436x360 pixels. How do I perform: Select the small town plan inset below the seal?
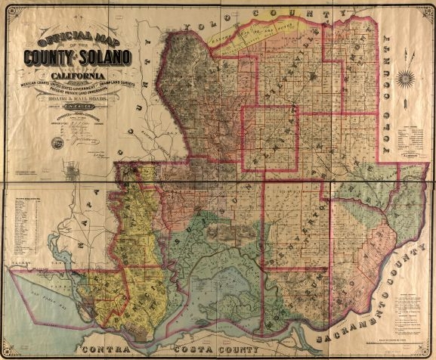pos(73,172)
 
